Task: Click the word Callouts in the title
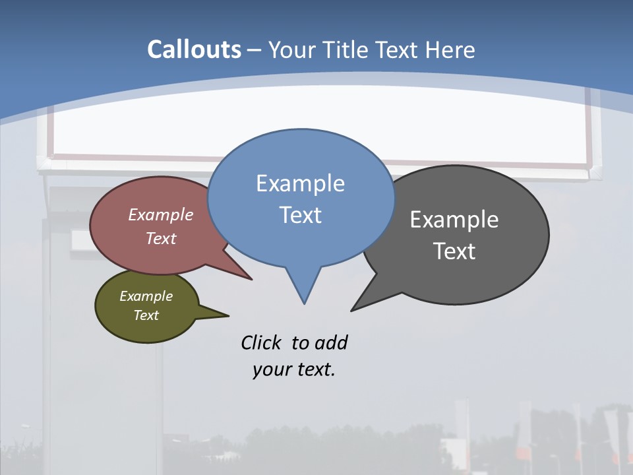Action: pos(195,49)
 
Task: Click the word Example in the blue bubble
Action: pos(300,183)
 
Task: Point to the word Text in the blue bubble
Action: pos(300,215)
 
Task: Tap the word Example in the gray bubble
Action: pos(454,220)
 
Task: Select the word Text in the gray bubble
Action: pos(454,251)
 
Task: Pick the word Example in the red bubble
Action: pos(161,214)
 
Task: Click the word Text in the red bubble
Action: pos(161,238)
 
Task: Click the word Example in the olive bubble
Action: pos(146,296)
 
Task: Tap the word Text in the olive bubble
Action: pos(146,315)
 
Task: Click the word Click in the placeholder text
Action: pos(261,343)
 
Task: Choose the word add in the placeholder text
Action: pos(331,343)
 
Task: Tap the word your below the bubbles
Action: pos(271,369)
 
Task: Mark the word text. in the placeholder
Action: pos(315,369)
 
